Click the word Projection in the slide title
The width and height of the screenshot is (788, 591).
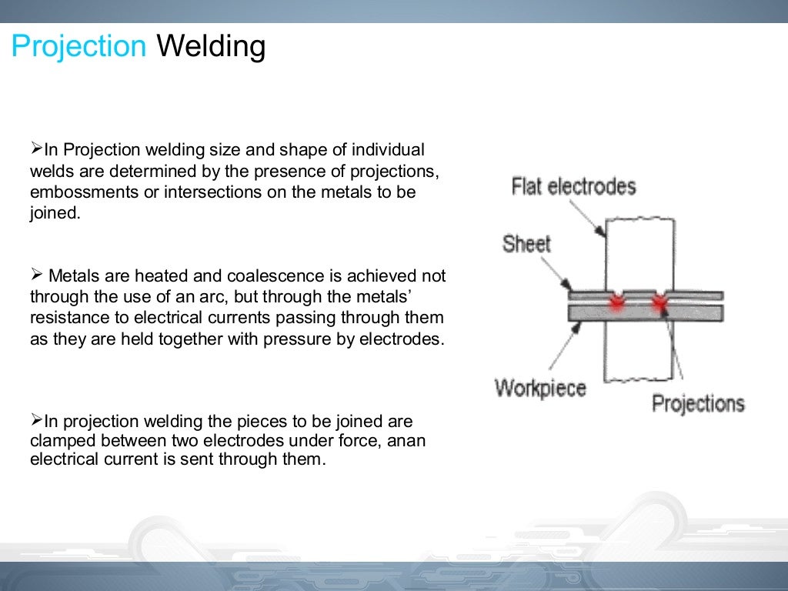(78, 48)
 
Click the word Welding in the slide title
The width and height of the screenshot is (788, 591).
(211, 48)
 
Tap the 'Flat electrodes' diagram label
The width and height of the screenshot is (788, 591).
(574, 186)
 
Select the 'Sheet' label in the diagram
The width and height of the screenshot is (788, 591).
(526, 244)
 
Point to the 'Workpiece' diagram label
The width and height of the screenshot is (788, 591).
(539, 386)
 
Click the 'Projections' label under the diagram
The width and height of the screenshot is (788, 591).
(698, 403)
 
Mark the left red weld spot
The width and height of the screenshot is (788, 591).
(616, 302)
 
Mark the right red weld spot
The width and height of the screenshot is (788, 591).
(659, 302)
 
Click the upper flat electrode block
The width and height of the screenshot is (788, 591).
(640, 254)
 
